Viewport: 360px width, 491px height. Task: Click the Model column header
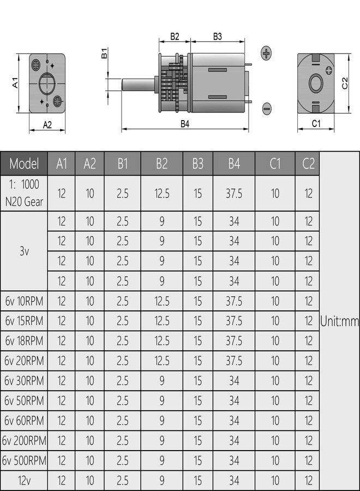click(24, 163)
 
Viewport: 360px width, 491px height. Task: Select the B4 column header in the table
click(233, 163)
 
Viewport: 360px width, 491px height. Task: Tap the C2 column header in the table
click(308, 163)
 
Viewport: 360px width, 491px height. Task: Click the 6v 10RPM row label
click(24, 301)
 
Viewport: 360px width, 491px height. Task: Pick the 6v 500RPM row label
click(24, 460)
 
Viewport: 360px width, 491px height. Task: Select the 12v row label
click(24, 481)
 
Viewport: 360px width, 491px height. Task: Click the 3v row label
click(24, 252)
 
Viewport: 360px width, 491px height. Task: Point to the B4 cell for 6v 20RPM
click(233, 361)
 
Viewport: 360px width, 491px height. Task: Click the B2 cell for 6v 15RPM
click(162, 321)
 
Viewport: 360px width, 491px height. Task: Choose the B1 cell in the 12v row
click(122, 481)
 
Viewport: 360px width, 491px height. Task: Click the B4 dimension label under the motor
click(185, 123)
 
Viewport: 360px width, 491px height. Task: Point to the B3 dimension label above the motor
click(217, 37)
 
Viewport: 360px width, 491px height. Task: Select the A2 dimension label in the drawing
click(47, 124)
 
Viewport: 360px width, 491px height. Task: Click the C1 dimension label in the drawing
click(316, 124)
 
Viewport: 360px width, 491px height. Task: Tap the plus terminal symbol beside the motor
click(266, 53)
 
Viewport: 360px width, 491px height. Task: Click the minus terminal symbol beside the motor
click(266, 109)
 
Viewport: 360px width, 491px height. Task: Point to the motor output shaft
click(138, 85)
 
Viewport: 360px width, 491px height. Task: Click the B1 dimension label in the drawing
click(104, 53)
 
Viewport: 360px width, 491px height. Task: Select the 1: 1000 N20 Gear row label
click(24, 193)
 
